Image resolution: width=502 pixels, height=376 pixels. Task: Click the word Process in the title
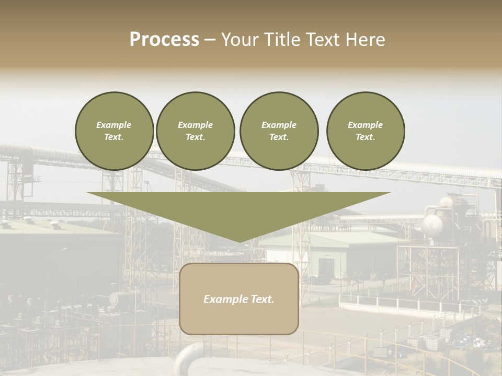pyautogui.click(x=164, y=40)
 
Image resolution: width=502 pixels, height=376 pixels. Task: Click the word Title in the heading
pyautogui.click(x=282, y=40)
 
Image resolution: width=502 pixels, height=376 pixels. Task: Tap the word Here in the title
pyautogui.click(x=364, y=40)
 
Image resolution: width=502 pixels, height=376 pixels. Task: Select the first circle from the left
pyautogui.click(x=114, y=131)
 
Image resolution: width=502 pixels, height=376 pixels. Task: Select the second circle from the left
pyautogui.click(x=195, y=131)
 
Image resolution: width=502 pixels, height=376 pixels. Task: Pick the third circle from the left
pyautogui.click(x=279, y=131)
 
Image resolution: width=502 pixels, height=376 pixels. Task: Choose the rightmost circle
pyautogui.click(x=366, y=131)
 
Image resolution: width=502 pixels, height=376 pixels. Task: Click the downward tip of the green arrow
pyautogui.click(x=239, y=241)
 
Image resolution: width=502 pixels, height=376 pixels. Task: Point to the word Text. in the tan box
pyautogui.click(x=261, y=299)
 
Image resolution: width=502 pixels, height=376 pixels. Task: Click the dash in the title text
pyautogui.click(x=210, y=40)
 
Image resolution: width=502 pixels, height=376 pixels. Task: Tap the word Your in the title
pyautogui.click(x=240, y=40)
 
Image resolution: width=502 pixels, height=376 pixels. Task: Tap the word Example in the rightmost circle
pyautogui.click(x=365, y=125)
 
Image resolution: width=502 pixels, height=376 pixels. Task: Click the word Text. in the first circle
pyautogui.click(x=114, y=137)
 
